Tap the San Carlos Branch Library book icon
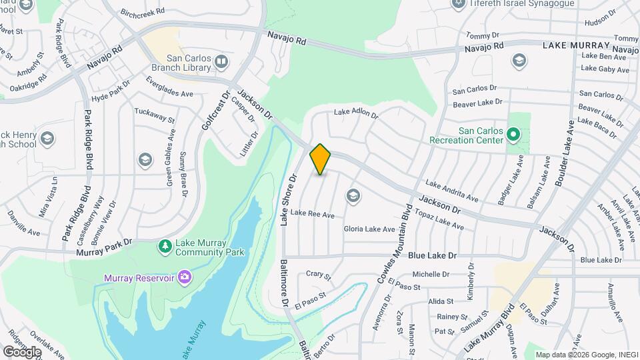[221, 63]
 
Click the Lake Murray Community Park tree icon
[164, 247]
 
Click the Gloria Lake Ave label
[369, 229]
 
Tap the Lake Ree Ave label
[312, 214]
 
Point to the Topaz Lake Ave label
[440, 221]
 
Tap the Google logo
[23, 351]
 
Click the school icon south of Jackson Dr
[352, 196]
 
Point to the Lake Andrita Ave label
[452, 191]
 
